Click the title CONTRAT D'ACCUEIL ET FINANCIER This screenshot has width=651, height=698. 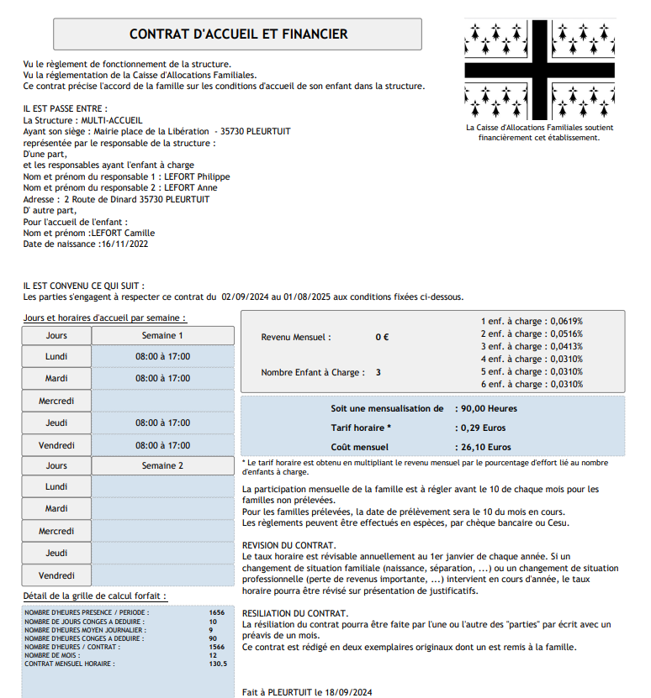238,34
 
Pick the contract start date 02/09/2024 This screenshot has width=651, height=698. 245,297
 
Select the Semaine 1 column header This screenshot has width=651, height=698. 162,335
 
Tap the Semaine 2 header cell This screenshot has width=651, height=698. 162,465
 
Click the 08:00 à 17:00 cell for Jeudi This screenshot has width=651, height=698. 162,422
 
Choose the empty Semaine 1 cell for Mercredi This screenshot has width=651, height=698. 162,401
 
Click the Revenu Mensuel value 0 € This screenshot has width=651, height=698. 382,337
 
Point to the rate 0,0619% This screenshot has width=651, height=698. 567,321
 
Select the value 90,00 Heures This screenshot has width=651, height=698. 489,408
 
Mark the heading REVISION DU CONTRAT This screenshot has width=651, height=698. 288,545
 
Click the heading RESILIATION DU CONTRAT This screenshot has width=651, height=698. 294,613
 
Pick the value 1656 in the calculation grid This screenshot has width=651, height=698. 217,612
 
